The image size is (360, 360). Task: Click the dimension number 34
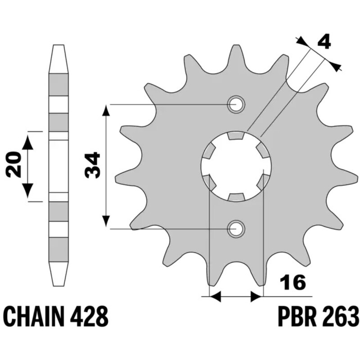pyautogui.click(x=93, y=166)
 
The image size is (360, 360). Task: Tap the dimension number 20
pyautogui.click(x=13, y=165)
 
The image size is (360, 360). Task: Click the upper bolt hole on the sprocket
pyautogui.click(x=236, y=105)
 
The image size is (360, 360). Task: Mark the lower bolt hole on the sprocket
pyautogui.click(x=236, y=229)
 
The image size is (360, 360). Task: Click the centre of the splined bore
pyautogui.click(x=236, y=167)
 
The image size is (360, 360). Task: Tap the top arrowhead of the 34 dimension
pyautogui.click(x=106, y=110)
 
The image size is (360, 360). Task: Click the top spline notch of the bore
pyautogui.click(x=236, y=135)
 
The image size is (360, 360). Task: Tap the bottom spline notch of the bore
pyautogui.click(x=236, y=198)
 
